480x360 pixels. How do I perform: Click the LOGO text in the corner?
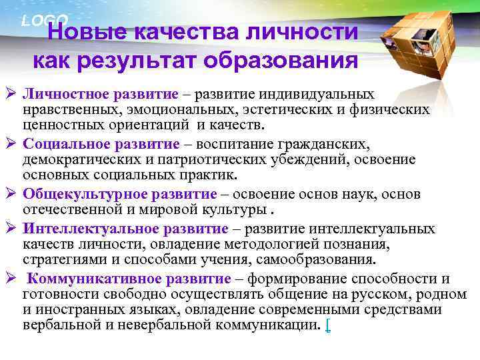(44, 20)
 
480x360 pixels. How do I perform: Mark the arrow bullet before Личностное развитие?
(11, 95)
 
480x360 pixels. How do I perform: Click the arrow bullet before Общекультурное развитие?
(11, 195)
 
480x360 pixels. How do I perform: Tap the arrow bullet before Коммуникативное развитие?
(11, 279)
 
